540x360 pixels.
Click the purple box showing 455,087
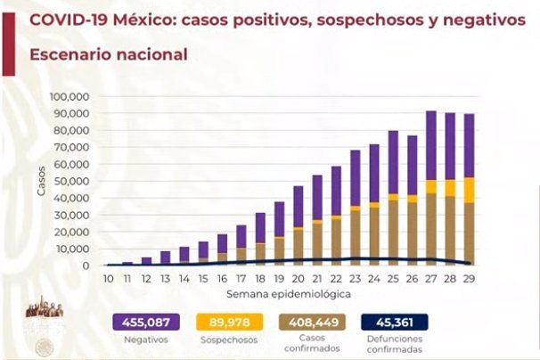pos(147,322)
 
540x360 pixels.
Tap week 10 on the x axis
pos(107,279)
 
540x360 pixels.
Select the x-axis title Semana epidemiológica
pos(288,292)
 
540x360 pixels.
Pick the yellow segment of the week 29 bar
pos(469,190)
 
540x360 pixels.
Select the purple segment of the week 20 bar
pos(299,207)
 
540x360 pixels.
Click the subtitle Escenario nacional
pos(108,54)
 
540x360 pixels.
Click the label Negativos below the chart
pos(147,340)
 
